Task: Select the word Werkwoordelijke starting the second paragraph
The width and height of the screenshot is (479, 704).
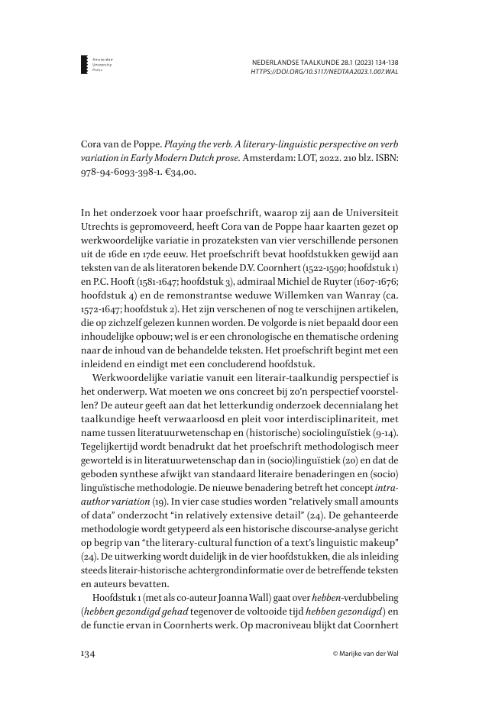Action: coord(135,376)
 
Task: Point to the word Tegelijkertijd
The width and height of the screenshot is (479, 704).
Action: coord(115,445)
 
